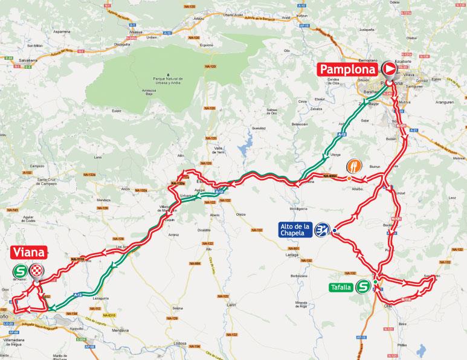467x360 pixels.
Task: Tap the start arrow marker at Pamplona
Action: click(x=388, y=70)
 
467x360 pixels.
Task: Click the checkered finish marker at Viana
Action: click(x=37, y=272)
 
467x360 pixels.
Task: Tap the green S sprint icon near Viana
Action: click(x=21, y=272)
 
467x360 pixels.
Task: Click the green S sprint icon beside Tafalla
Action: click(x=364, y=287)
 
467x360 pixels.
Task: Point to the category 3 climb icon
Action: click(x=324, y=230)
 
